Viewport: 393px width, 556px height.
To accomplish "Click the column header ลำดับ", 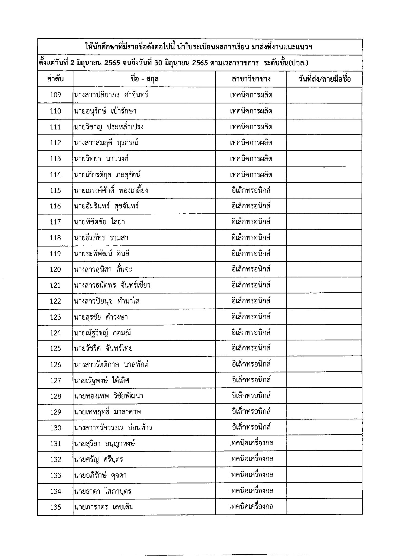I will (x=55, y=79).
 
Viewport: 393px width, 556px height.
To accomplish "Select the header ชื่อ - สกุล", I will (x=144, y=79).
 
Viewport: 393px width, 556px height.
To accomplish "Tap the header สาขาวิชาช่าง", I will (x=251, y=79).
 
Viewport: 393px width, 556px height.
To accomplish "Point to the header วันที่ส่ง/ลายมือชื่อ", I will (x=324, y=79).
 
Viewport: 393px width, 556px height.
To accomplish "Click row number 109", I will (x=56, y=95).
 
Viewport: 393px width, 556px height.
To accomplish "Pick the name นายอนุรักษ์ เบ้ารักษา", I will (x=105, y=111).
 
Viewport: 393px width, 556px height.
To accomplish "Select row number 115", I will (x=56, y=191).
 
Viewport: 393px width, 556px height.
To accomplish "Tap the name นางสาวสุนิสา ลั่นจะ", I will (x=103, y=269).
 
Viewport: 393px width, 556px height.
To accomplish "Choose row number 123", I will (x=56, y=317).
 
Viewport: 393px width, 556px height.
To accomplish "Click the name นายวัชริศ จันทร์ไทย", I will (x=103, y=348).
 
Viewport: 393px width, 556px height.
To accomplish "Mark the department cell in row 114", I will (x=251, y=175).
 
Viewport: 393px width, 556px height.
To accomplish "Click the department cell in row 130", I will (x=251, y=427).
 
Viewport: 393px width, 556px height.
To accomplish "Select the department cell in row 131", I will (x=251, y=443).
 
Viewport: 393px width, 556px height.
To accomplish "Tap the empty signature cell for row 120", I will (x=324, y=269).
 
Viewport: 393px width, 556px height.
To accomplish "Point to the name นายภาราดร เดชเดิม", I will (x=104, y=507).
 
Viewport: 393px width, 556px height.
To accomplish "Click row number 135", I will (x=56, y=507).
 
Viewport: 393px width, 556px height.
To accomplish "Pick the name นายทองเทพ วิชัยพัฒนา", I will (x=108, y=396).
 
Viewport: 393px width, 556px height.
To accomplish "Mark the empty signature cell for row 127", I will (x=324, y=380).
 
